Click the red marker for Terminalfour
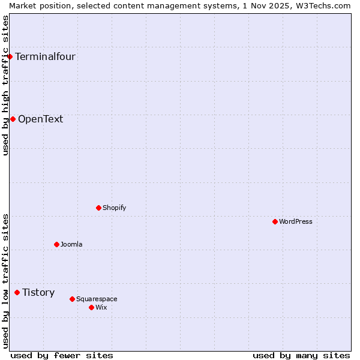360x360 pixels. pyautogui.click(x=10, y=57)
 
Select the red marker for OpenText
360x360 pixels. pyautogui.click(x=13, y=119)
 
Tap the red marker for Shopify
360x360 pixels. pyautogui.click(x=99, y=208)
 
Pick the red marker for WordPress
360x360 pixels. pyautogui.click(x=275, y=221)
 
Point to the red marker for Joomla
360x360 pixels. pyautogui.click(x=56, y=244)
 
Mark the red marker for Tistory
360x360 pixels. pyautogui.click(x=17, y=292)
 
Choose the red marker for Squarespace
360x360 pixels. pyautogui.click(x=72, y=299)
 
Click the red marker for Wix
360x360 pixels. pyautogui.click(x=91, y=307)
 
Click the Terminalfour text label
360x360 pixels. pyautogui.click(x=45, y=57)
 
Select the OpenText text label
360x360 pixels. pyautogui.click(x=40, y=119)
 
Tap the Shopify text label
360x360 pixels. pyautogui.click(x=114, y=208)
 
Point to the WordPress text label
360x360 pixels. pyautogui.click(x=295, y=221)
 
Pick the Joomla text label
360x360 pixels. pyautogui.click(x=71, y=244)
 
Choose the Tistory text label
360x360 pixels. pyautogui.click(x=38, y=292)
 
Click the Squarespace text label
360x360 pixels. pyautogui.click(x=97, y=299)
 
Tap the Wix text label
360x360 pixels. pyautogui.click(x=101, y=307)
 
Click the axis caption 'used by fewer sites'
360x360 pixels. pyautogui.click(x=62, y=355)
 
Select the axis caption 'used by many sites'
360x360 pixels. pyautogui.click(x=301, y=355)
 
